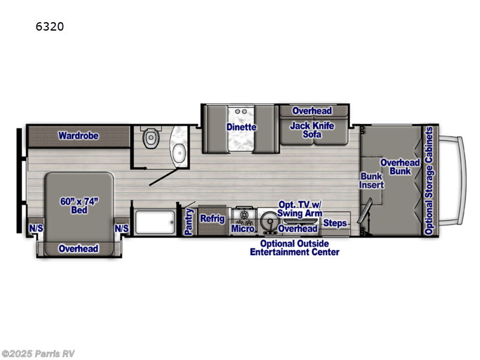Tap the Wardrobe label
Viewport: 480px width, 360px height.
coord(78,136)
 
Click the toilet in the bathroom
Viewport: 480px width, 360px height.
coord(151,139)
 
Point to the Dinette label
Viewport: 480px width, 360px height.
coord(241,127)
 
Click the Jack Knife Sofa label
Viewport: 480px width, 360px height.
coord(311,130)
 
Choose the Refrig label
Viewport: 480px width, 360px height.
coord(212,219)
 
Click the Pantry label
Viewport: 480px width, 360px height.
coord(188,222)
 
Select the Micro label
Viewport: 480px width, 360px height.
coord(243,229)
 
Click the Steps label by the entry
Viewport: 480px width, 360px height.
coord(335,224)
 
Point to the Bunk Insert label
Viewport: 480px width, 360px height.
coord(371,181)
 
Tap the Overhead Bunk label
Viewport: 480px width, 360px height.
coord(400,167)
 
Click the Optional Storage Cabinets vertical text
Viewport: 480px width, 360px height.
coord(428,181)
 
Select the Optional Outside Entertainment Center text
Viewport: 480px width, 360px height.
coord(295,248)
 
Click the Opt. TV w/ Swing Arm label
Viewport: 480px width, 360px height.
coord(299,209)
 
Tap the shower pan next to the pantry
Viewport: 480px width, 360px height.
coord(155,223)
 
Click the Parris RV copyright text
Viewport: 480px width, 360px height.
coord(38,353)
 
